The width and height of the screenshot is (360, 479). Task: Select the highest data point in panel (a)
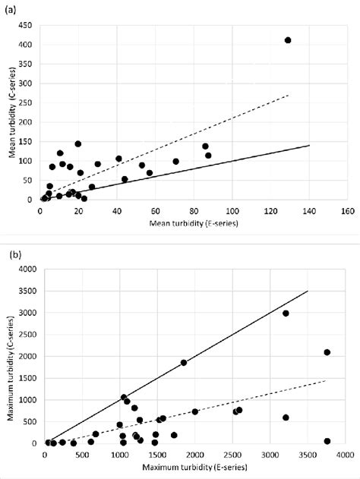click(288, 40)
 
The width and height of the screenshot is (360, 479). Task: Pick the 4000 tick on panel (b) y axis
click(27, 269)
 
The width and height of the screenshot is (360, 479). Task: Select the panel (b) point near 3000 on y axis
click(286, 313)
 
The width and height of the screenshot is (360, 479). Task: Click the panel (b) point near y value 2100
click(327, 352)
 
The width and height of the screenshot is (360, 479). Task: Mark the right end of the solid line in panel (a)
click(309, 145)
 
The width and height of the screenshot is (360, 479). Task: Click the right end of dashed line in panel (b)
click(327, 380)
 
